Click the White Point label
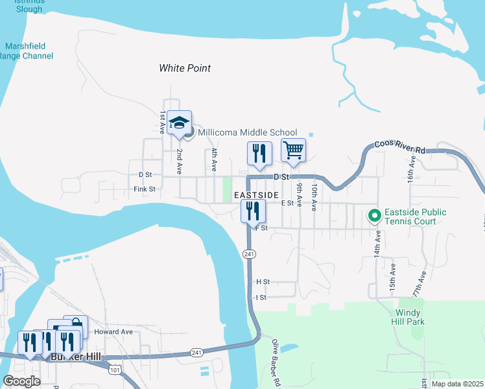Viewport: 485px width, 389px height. pos(185,68)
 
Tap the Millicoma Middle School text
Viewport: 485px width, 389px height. pos(247,132)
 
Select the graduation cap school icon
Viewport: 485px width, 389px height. pos(179,123)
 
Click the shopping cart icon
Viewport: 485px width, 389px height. pos(293,150)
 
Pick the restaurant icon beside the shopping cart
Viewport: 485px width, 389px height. pos(259,153)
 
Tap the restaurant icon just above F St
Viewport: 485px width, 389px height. pos(252,211)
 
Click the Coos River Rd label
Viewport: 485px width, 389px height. pos(400,146)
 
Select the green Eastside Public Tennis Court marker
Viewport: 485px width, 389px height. pos(374,215)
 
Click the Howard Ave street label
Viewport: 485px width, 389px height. pos(113,332)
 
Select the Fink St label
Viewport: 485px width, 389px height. pos(145,189)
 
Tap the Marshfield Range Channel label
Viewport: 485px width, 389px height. pos(29,51)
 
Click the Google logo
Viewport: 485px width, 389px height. pos(21,381)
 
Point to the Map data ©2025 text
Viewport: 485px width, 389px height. pos(457,384)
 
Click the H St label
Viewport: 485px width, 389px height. pos(263,282)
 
